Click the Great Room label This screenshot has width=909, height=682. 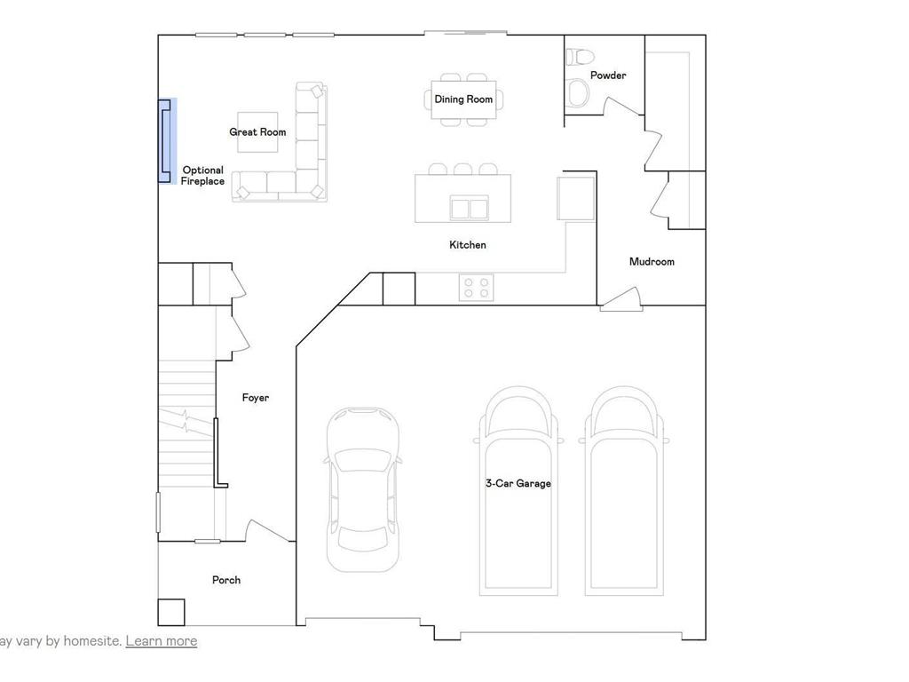point(257,132)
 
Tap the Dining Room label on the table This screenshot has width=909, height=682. point(463,99)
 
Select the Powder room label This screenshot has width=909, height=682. point(608,75)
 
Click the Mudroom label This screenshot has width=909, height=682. point(652,262)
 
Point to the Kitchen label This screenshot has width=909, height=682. point(468,245)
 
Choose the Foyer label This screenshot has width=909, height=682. point(256,398)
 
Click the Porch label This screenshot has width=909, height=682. point(226,580)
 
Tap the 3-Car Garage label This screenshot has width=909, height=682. point(518,484)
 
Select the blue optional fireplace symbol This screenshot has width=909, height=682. point(166,140)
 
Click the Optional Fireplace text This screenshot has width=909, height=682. point(202,176)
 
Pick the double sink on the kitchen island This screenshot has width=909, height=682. point(470,209)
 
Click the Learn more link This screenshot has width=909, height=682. point(162,641)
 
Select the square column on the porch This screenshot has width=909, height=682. point(172,613)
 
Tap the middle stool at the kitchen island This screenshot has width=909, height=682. point(462,169)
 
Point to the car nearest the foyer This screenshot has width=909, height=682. point(362,488)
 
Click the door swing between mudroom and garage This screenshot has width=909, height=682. point(621,299)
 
